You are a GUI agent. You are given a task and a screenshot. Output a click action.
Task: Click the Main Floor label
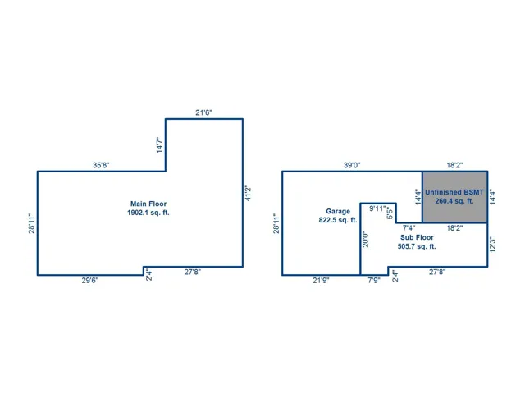[148, 204]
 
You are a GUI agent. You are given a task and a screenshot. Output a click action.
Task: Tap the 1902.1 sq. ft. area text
[148, 213]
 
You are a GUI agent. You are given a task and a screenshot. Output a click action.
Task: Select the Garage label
[338, 212]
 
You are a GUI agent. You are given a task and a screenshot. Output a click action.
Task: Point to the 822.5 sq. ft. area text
[338, 220]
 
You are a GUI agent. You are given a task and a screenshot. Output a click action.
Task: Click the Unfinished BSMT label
[454, 192]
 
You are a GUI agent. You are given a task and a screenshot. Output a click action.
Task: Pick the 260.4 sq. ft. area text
[454, 201]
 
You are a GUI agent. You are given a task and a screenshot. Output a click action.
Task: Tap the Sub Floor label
[417, 237]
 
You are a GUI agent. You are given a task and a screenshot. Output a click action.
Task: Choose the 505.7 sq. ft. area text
[417, 246]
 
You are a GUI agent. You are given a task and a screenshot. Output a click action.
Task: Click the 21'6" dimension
[204, 112]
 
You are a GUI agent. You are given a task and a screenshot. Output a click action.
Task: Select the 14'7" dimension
[160, 144]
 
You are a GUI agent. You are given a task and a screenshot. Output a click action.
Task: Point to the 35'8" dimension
[101, 165]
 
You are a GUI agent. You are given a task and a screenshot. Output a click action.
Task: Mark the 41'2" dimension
[248, 194]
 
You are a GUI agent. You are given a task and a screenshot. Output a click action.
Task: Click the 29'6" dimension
[90, 281]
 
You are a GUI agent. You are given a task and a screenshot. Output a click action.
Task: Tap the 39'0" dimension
[352, 165]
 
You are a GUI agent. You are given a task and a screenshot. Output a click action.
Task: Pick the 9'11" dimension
[377, 208]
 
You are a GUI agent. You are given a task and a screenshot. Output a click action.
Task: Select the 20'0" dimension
[366, 240]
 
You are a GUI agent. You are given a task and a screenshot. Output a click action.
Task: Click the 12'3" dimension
[492, 245]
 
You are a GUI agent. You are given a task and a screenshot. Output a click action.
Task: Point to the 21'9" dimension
[321, 281]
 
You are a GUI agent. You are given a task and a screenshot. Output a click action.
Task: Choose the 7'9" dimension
[374, 281]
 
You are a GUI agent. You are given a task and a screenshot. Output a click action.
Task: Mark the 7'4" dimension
[409, 228]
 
